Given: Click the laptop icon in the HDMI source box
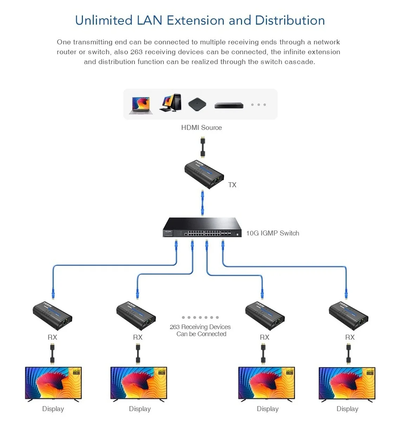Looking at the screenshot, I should tap(141, 105).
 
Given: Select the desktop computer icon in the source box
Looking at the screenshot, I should tap(171, 103).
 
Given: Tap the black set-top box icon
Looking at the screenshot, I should tap(197, 105).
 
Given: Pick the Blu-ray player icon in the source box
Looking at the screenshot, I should tap(229, 105).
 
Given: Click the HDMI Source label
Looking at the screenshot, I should tap(201, 128).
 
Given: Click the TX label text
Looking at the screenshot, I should tap(232, 185).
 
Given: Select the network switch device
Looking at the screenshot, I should tap(202, 228).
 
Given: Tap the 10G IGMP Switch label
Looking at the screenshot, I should tap(273, 233).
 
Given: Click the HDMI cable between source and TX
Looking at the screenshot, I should tap(203, 147).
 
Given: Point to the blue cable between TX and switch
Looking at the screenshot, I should tap(202, 203).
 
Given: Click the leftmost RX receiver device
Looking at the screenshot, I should tap(52, 316).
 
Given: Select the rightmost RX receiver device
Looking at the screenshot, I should tap(348, 316).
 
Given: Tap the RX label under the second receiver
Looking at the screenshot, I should tap(138, 337).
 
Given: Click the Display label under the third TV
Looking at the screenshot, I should tap(268, 409).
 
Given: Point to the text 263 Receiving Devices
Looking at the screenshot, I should tap(200, 327).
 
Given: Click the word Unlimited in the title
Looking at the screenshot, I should tap(104, 20).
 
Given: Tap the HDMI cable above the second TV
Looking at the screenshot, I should tap(138, 354).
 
